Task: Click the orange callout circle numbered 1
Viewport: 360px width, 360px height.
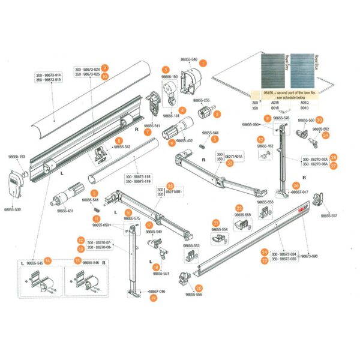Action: pos(203,62)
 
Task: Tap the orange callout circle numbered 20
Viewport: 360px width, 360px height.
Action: pos(199,288)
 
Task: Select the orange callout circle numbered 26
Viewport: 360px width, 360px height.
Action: pos(296,186)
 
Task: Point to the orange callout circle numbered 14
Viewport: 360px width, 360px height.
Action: pos(48,261)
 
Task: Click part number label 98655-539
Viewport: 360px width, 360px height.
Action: pos(13,210)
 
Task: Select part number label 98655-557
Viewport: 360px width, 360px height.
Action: pos(329,215)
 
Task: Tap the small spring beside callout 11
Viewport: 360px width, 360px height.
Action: pos(95,208)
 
